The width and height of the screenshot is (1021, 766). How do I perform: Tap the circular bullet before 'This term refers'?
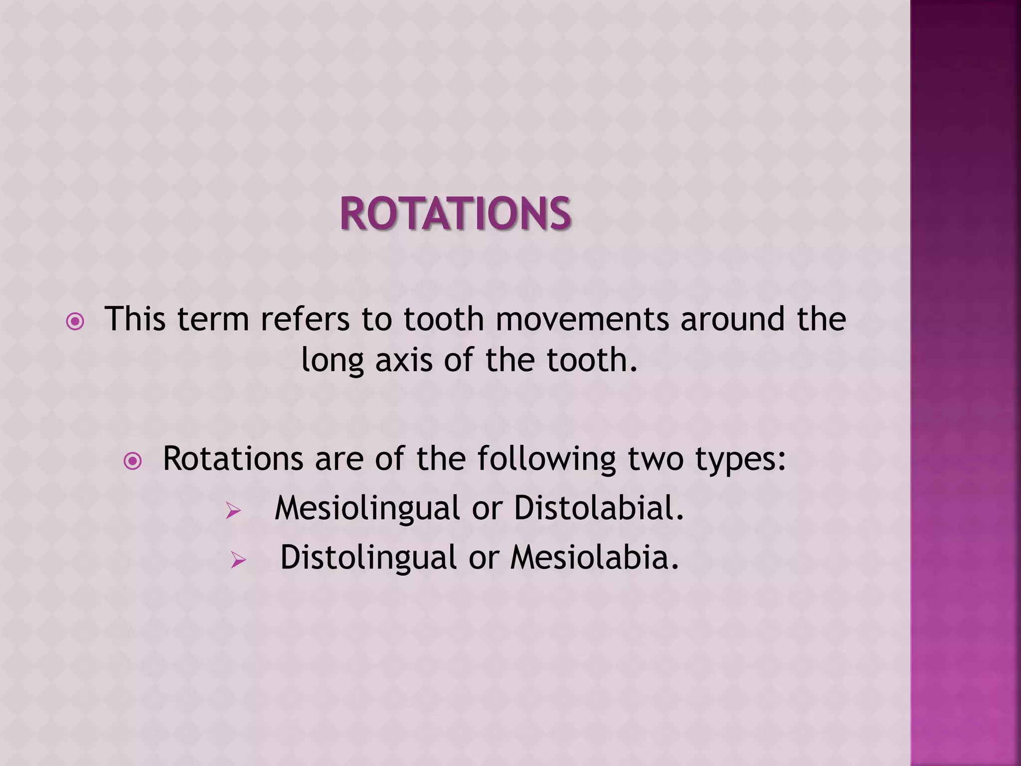tap(75, 322)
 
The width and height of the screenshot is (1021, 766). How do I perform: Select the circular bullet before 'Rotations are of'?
tap(133, 461)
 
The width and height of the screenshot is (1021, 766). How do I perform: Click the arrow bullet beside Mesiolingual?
tap(233, 510)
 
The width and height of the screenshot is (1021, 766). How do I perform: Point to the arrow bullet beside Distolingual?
tap(238, 560)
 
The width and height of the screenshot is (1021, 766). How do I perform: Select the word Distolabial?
tap(599, 508)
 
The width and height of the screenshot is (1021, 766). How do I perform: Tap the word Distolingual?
tap(368, 558)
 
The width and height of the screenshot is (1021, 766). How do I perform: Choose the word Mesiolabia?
tap(594, 558)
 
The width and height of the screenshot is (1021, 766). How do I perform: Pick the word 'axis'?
tap(404, 360)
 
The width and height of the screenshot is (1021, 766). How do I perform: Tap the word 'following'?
tap(547, 459)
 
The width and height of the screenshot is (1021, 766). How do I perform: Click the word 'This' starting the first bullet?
tap(135, 319)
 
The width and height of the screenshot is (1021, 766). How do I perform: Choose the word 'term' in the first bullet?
tap(213, 319)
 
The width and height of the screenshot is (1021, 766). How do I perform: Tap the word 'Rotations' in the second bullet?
tap(233, 458)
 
